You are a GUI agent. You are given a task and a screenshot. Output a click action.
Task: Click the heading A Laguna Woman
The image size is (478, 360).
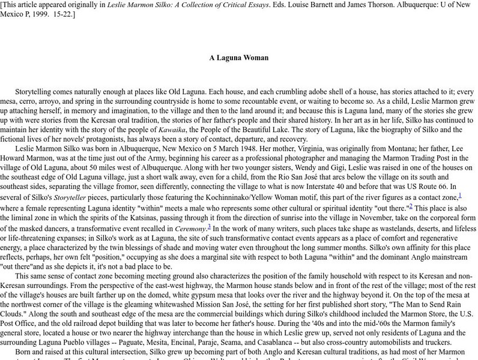238,58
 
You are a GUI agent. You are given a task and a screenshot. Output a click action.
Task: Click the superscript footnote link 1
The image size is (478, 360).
459,194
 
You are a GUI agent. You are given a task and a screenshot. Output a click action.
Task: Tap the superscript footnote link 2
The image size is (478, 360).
411,206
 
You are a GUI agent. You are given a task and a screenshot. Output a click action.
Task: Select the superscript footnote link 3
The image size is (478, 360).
209,227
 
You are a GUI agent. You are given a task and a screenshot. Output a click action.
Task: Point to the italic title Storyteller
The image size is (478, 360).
71,196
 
